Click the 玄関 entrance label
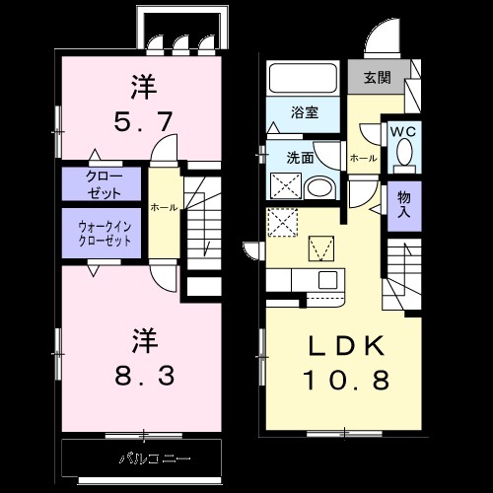[375, 78]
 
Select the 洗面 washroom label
[300, 156]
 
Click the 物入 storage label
[404, 202]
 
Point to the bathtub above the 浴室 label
[305, 79]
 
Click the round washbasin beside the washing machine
[320, 186]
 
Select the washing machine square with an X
[287, 184]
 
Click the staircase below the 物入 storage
[404, 271]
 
